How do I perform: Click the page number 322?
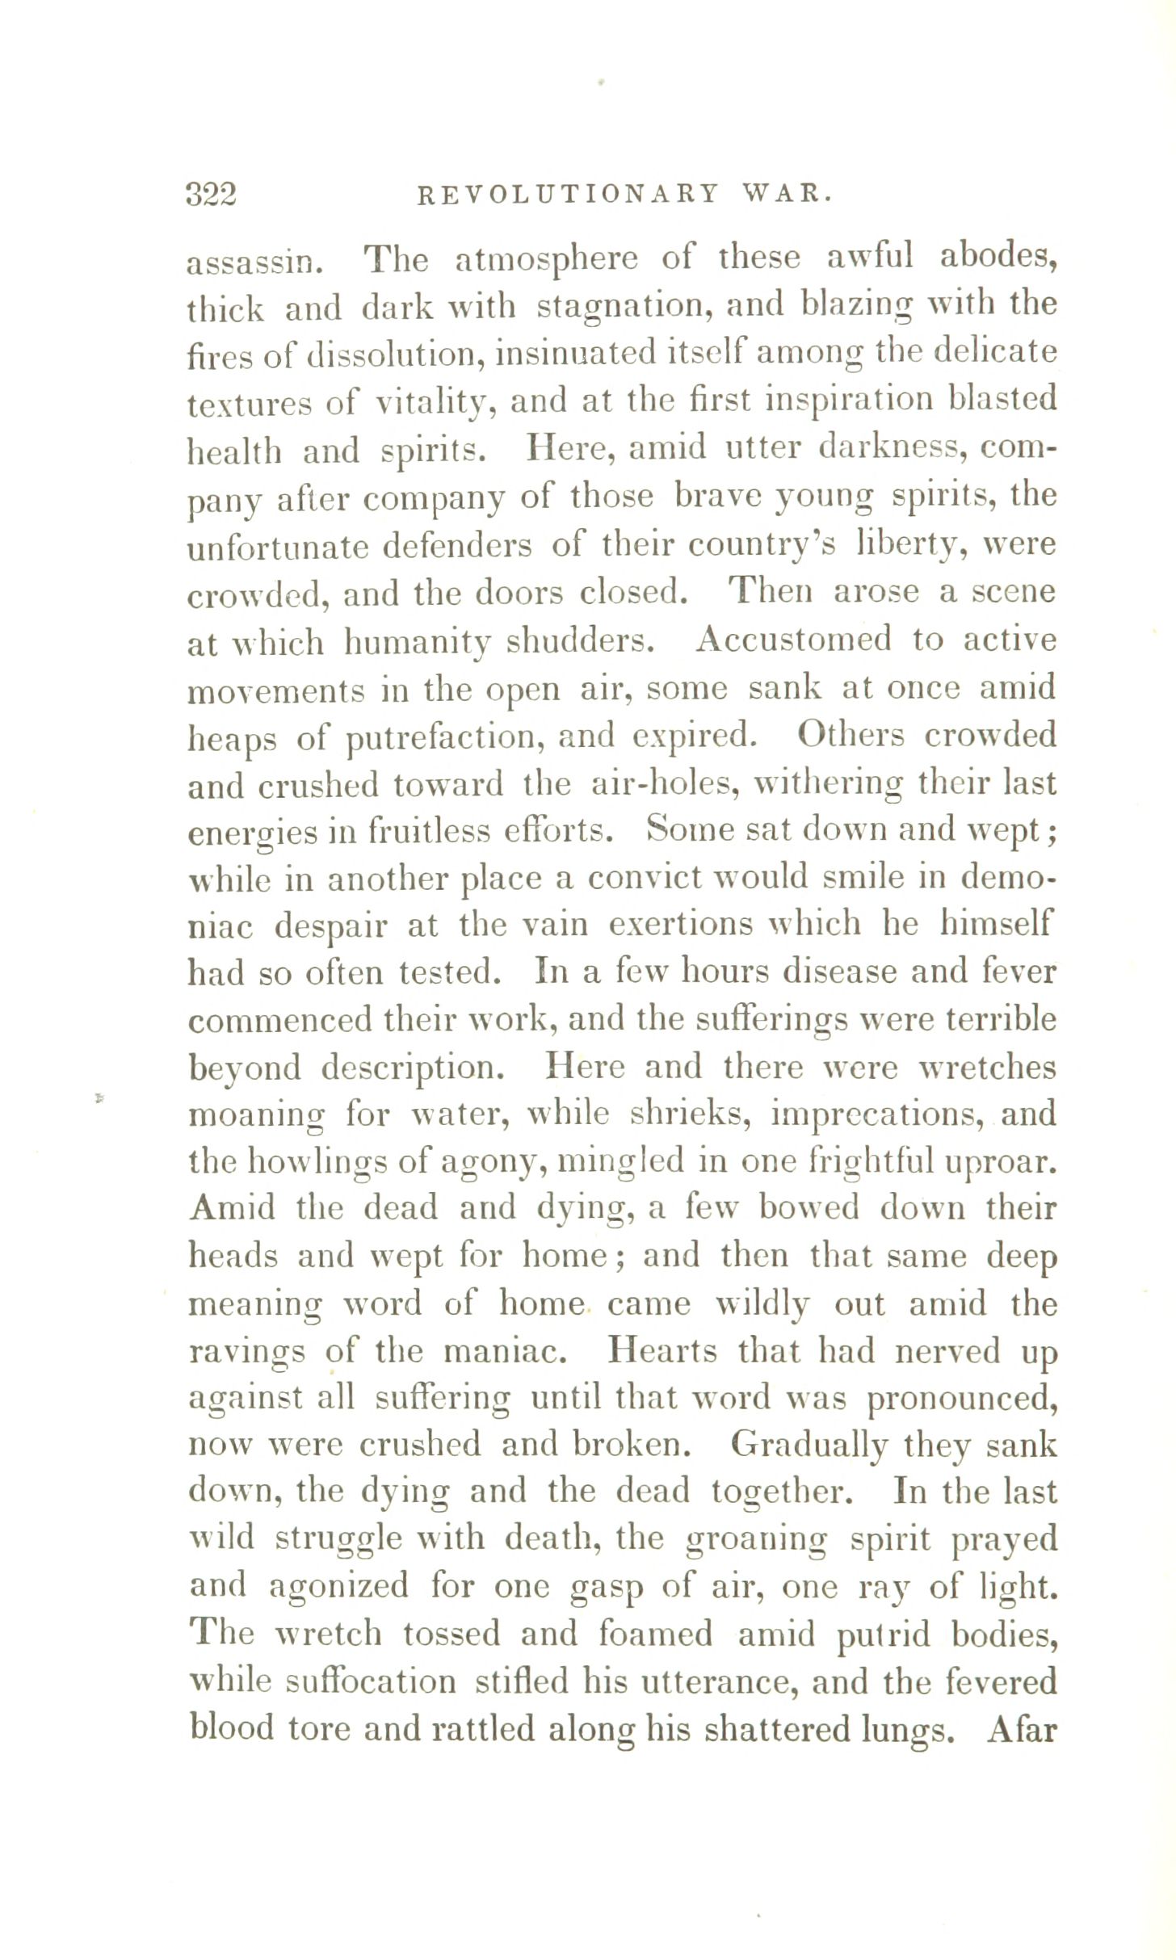click(x=211, y=195)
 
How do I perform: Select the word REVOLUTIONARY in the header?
click(x=568, y=195)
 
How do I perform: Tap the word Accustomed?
click(x=793, y=640)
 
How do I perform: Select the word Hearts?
click(x=661, y=1352)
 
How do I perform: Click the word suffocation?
click(x=372, y=1681)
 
